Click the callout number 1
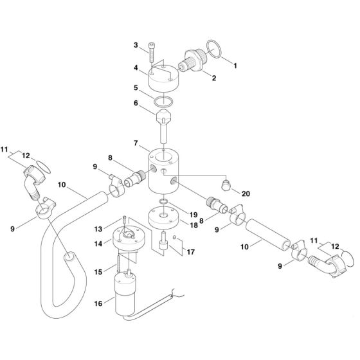pos(235,66)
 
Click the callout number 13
pos(98,228)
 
